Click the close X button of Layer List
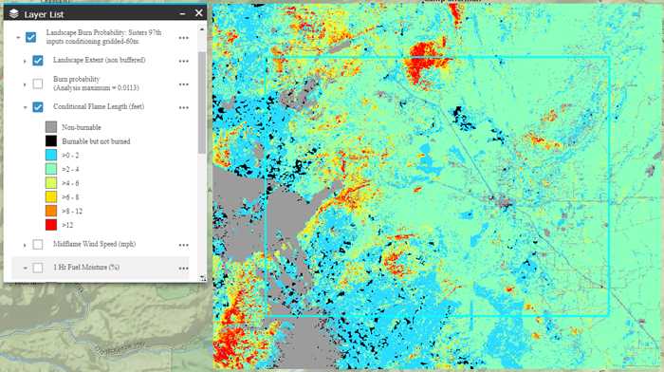(x=198, y=12)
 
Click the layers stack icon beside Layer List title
(x=13, y=12)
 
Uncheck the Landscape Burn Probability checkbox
(x=31, y=38)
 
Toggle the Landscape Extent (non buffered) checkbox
(x=38, y=61)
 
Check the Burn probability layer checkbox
(x=38, y=84)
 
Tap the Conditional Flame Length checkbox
(x=38, y=106)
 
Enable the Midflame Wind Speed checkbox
(x=38, y=245)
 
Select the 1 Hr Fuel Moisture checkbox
(x=38, y=268)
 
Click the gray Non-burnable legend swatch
(x=51, y=126)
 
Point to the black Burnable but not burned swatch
(x=51, y=140)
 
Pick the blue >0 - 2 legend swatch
(x=51, y=155)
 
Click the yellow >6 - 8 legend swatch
(x=51, y=196)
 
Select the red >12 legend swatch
(x=51, y=225)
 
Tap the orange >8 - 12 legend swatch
(x=51, y=211)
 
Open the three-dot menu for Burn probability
(x=183, y=84)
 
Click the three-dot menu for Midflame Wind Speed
(x=183, y=245)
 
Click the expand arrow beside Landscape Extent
(x=24, y=61)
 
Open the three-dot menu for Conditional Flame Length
(x=183, y=106)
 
